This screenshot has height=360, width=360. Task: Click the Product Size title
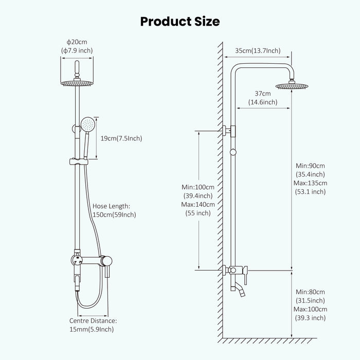[180, 21]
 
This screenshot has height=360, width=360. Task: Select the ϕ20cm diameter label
[77, 42]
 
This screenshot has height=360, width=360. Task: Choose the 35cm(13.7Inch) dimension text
[258, 50]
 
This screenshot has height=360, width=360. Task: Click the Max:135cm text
[311, 183]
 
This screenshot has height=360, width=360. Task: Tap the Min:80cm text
[311, 292]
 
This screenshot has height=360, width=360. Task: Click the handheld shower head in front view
[88, 124]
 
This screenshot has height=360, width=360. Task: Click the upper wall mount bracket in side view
[230, 131]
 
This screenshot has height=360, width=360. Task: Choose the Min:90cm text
[311, 166]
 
